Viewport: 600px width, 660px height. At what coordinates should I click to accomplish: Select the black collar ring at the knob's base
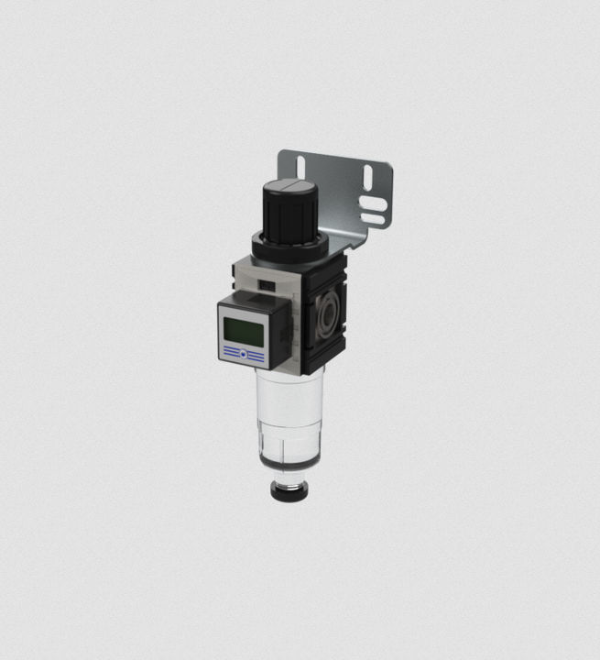pos(289,247)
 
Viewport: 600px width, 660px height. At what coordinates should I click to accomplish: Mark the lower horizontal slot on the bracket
pos(373,219)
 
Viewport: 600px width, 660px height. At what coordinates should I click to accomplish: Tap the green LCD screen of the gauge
pos(242,332)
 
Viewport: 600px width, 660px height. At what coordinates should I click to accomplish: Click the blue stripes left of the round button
pos(231,353)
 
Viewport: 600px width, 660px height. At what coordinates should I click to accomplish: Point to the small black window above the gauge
pos(267,286)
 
